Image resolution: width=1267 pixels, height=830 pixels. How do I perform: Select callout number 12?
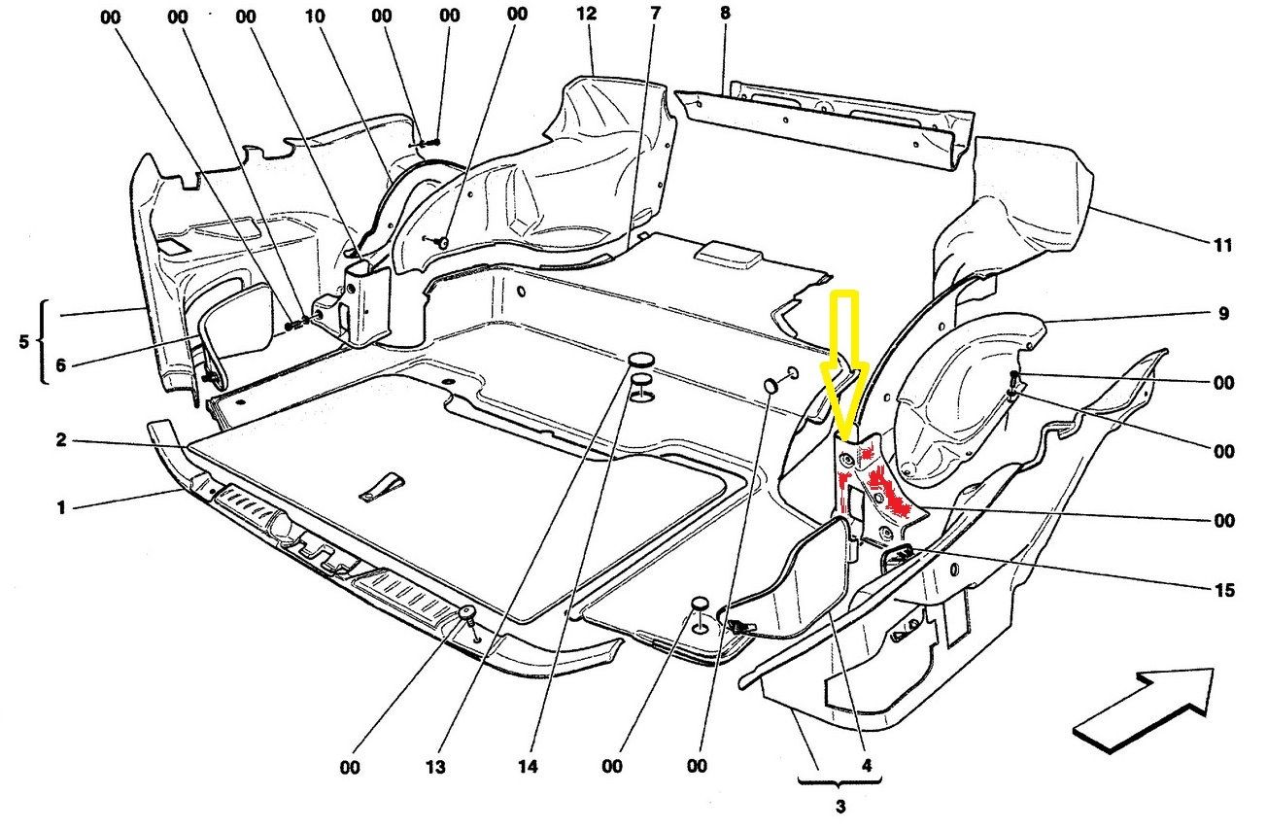(x=585, y=16)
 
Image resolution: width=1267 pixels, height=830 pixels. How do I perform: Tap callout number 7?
(x=655, y=14)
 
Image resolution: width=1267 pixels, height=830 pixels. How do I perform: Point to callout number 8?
(x=725, y=14)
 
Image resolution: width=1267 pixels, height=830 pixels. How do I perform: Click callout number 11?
(x=1222, y=245)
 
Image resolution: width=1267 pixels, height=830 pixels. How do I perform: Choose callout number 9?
(x=1222, y=314)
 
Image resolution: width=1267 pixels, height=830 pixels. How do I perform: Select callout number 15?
(x=1222, y=590)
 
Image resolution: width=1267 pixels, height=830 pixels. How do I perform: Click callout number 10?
(x=313, y=17)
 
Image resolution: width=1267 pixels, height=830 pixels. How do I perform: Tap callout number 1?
(x=60, y=507)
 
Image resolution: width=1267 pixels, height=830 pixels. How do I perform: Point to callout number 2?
(x=60, y=440)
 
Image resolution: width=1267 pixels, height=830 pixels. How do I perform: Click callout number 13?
(x=434, y=768)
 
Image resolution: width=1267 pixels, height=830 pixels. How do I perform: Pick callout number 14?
(x=527, y=768)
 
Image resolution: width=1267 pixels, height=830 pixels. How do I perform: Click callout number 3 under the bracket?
(x=840, y=807)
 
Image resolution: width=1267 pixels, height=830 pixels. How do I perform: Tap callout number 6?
(x=60, y=366)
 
